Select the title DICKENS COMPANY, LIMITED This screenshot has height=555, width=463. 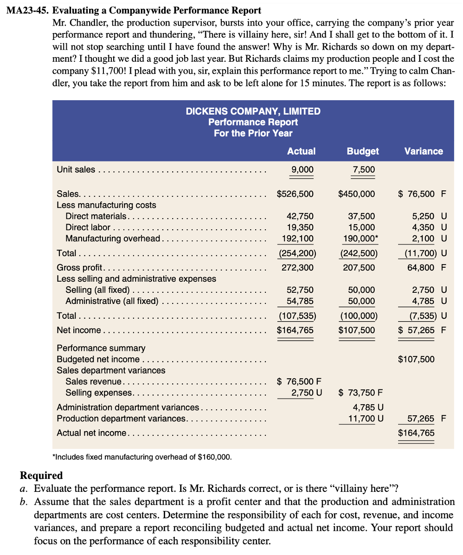(253, 111)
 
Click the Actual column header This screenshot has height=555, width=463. (301, 151)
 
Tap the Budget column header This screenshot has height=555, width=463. (363, 151)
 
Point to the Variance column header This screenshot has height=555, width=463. (423, 151)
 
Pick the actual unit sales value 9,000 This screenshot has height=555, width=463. (302, 170)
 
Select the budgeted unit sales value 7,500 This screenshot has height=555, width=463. (364, 170)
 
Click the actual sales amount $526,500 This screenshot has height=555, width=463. (295, 194)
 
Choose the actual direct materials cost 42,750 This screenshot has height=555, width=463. (300, 216)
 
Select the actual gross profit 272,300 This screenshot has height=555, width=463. (297, 268)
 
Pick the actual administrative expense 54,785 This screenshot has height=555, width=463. (300, 301)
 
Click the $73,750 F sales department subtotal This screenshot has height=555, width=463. (360, 393)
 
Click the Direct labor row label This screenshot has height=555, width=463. (88, 227)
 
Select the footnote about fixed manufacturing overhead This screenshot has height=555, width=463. (143, 457)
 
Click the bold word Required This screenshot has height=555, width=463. (41, 476)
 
